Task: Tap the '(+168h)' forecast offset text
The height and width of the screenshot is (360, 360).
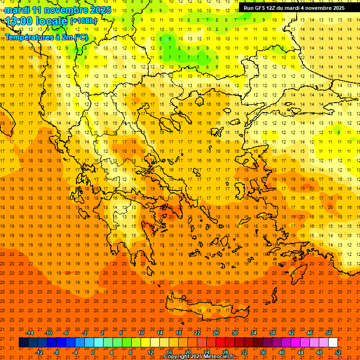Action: [x=83, y=21]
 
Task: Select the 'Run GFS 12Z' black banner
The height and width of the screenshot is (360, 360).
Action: [x=294, y=7]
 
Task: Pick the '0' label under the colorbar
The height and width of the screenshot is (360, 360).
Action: [x=93, y=352]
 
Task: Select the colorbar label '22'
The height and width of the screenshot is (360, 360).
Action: [x=197, y=333]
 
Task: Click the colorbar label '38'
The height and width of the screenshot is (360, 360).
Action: [x=272, y=333]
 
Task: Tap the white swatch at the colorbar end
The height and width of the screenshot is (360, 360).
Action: [x=333, y=343]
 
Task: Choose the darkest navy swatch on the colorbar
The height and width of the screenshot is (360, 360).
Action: [x=23, y=343]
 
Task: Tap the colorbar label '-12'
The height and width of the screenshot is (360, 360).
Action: [x=39, y=352]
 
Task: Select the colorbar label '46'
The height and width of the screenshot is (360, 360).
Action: [x=310, y=333]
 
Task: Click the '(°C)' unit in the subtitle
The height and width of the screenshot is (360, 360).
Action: [x=81, y=37]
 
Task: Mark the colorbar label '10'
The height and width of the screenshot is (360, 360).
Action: [x=141, y=333]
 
